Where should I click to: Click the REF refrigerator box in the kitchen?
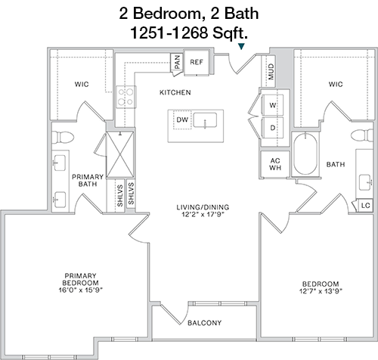(x=197, y=62)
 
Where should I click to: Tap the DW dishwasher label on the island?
(x=182, y=119)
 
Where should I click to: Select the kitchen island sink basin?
(x=206, y=120)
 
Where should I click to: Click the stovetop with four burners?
(x=126, y=97)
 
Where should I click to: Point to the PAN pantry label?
(x=177, y=62)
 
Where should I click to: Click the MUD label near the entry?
(x=271, y=72)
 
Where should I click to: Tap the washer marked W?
(x=273, y=105)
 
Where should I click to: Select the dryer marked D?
(x=273, y=128)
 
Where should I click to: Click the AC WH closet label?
(x=275, y=164)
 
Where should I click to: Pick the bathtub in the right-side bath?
(x=305, y=154)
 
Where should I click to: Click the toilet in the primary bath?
(x=63, y=138)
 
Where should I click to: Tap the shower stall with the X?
(x=120, y=154)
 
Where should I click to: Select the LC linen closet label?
(x=366, y=206)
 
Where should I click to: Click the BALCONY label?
(x=205, y=323)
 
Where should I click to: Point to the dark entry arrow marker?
(x=241, y=46)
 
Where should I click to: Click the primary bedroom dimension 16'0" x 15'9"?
(x=81, y=290)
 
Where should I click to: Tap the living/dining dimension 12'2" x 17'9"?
(x=203, y=215)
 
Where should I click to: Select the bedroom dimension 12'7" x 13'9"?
(x=321, y=291)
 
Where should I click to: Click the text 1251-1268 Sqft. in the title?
(x=189, y=33)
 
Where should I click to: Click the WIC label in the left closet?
(x=82, y=84)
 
